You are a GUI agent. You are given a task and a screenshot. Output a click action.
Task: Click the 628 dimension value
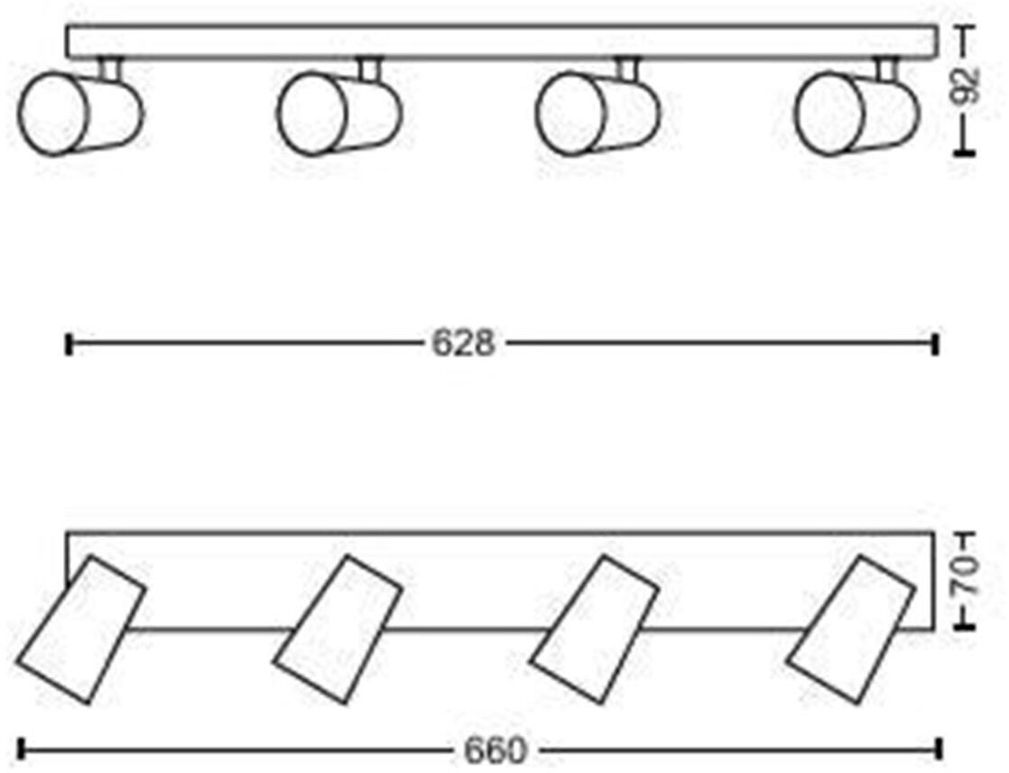(462, 343)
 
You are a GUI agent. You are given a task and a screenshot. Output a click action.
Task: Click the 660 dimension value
(494, 750)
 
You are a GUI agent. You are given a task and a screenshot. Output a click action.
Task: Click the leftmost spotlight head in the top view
(79, 113)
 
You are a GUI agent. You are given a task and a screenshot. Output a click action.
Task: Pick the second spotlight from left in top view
(338, 113)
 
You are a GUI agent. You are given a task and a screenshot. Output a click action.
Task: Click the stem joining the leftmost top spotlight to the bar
(110, 69)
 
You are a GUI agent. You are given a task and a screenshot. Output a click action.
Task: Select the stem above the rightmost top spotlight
(886, 69)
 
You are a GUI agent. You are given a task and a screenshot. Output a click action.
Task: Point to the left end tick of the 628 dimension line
(69, 344)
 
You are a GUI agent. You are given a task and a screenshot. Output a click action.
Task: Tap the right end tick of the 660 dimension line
(940, 749)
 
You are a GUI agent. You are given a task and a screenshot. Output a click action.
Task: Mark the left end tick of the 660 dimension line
(21, 749)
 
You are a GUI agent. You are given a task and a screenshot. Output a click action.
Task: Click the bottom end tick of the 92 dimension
(965, 154)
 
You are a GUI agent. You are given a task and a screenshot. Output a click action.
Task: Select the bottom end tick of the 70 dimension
(965, 627)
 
